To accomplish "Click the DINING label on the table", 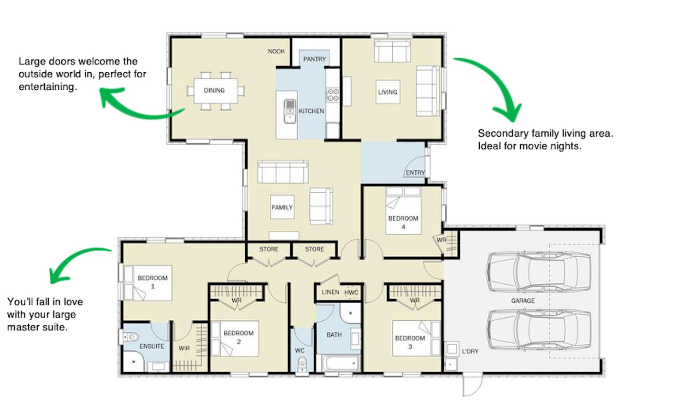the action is pos(214,90).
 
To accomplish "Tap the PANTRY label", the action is pos(315,59).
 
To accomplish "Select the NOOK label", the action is pos(276,52).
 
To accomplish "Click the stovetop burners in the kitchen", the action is pos(333,95).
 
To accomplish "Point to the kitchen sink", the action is pos(290,112).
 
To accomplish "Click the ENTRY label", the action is pos(415,173).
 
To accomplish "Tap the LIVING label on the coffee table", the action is pos(388,92).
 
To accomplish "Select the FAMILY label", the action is pos(282,208).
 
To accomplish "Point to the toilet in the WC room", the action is pos(302,364).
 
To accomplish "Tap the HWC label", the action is pos(351,293).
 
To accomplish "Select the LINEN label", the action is pos(330,292).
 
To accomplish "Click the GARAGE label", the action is pos(523,301).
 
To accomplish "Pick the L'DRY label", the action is pos(470,352).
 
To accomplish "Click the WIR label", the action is pos(184,348).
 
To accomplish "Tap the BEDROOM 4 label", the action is pos(403,222).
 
